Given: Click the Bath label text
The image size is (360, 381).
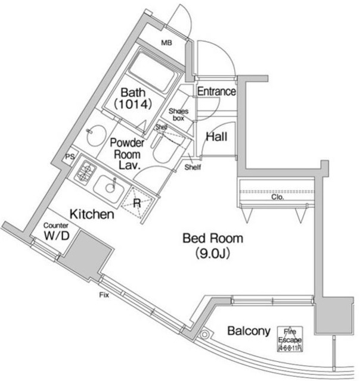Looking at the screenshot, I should pyautogui.click(x=132, y=93).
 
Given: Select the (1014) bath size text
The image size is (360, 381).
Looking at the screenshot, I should pyautogui.click(x=133, y=104).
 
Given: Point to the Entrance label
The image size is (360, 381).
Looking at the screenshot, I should pyautogui.click(x=216, y=92).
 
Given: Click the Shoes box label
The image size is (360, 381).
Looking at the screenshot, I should pyautogui.click(x=179, y=114).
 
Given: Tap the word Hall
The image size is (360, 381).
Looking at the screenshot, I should pyautogui.click(x=216, y=137).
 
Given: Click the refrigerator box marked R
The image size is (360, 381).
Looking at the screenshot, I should pyautogui.click(x=137, y=202).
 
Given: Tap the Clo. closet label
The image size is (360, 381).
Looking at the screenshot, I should pyautogui.click(x=277, y=196).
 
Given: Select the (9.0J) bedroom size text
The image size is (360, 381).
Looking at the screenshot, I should pyautogui.click(x=213, y=254).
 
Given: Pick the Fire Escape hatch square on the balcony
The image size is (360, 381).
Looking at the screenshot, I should pyautogui.click(x=290, y=339).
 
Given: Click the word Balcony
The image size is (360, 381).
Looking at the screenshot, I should pyautogui.click(x=249, y=331).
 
